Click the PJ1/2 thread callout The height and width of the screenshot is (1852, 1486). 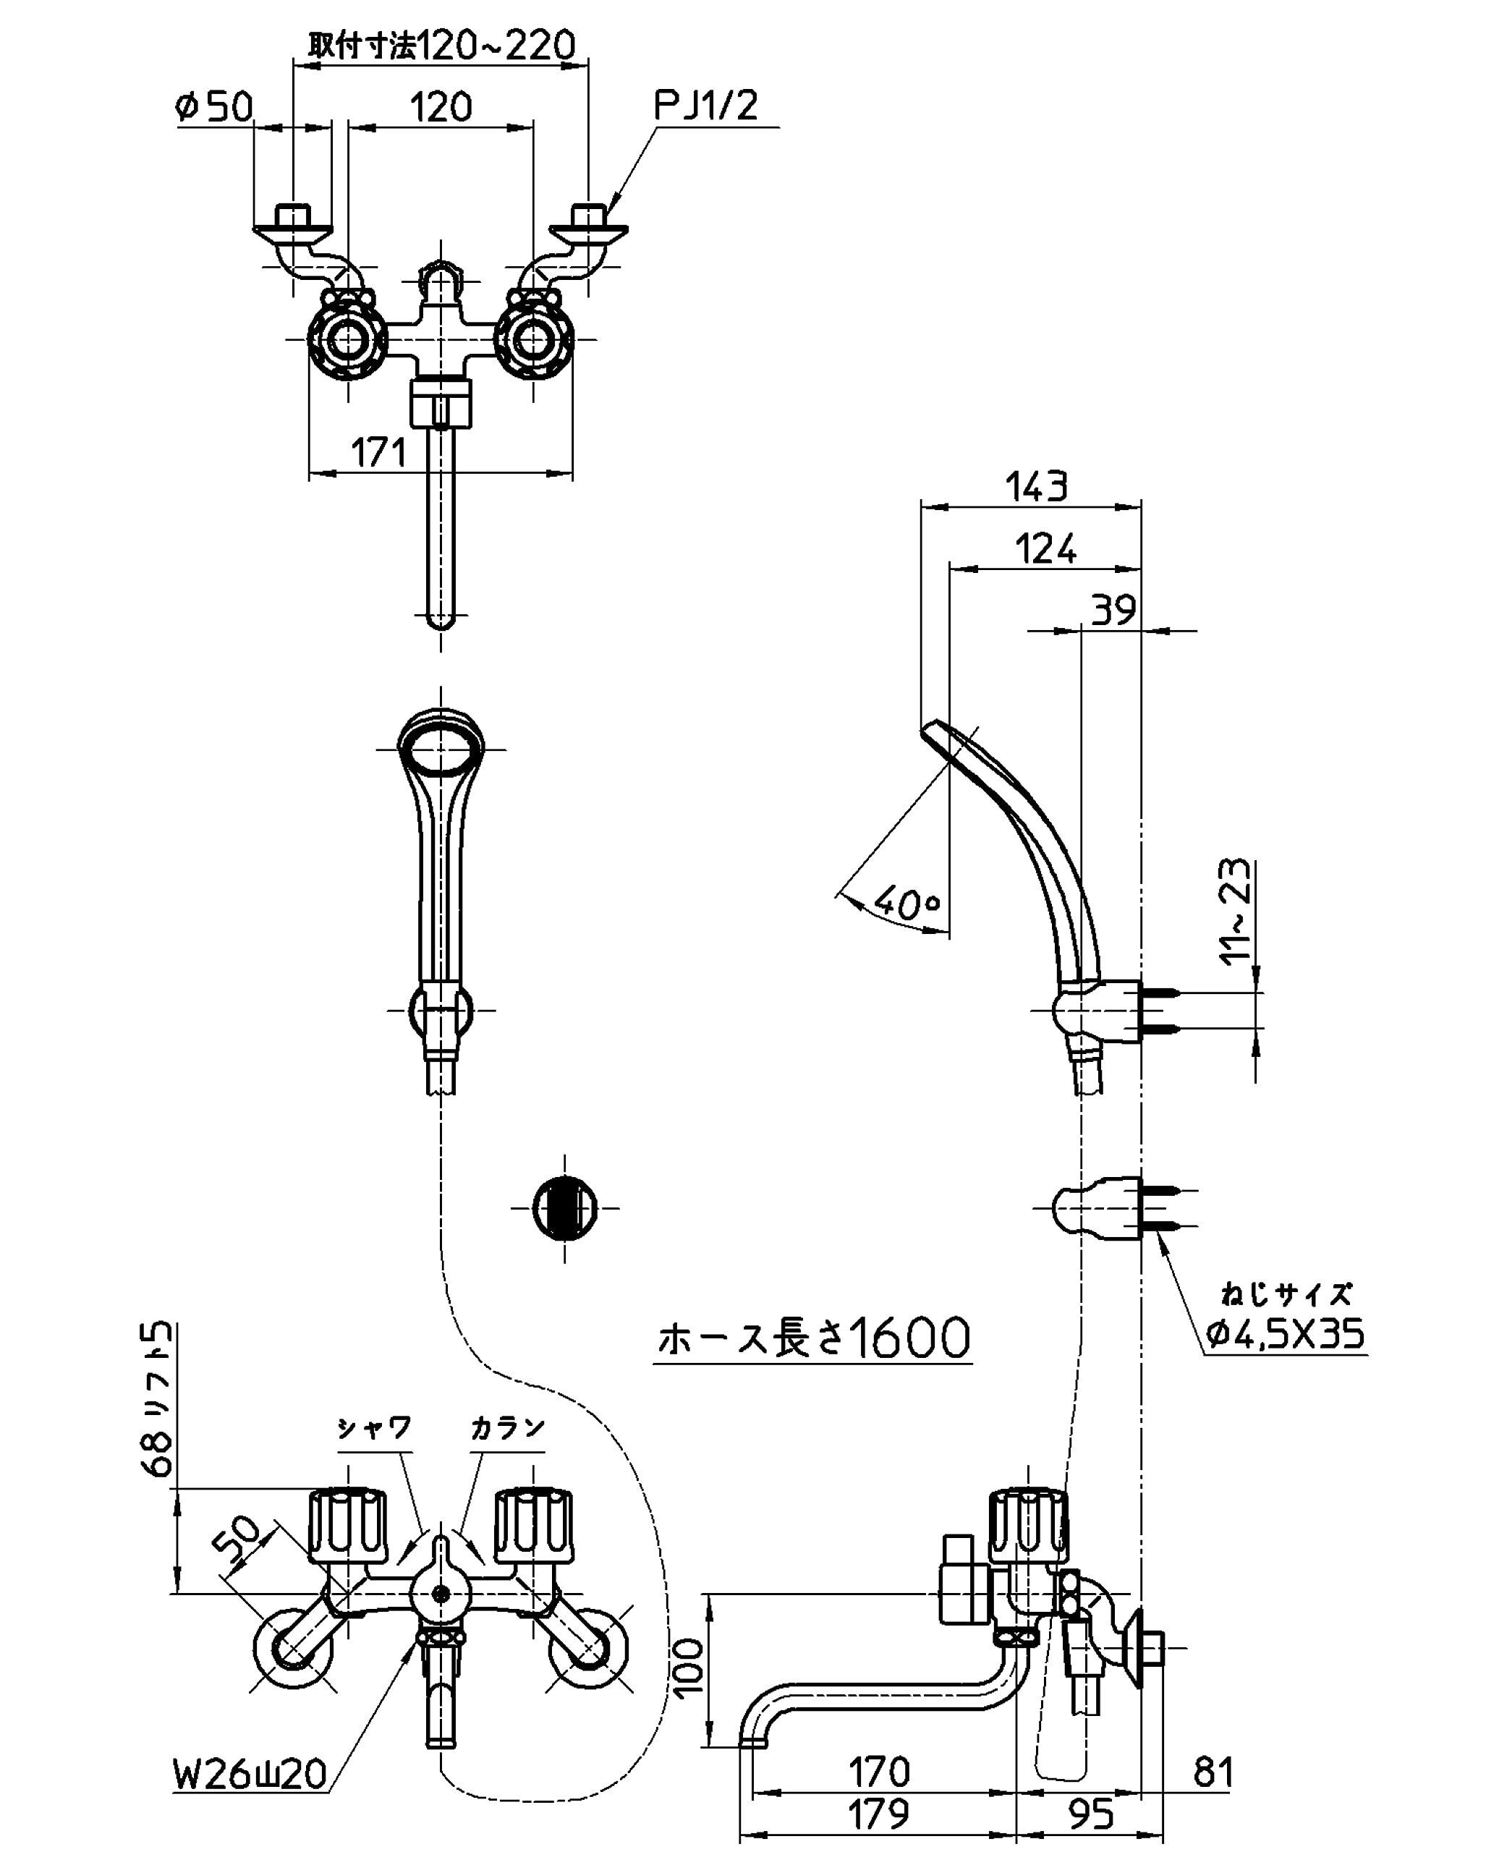(706, 106)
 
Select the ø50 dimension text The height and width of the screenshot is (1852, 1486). (214, 107)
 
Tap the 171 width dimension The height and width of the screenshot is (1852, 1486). (379, 454)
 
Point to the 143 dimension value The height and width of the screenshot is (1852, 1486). (1036, 487)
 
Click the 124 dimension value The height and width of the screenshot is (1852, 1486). (1045, 550)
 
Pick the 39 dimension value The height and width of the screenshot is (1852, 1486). (1113, 610)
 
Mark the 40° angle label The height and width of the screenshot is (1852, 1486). (907, 902)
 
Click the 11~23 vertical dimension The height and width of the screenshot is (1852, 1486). (1237, 913)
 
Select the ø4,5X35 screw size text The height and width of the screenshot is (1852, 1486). (1285, 1334)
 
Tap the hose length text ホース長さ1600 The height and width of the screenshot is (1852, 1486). (813, 1338)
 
